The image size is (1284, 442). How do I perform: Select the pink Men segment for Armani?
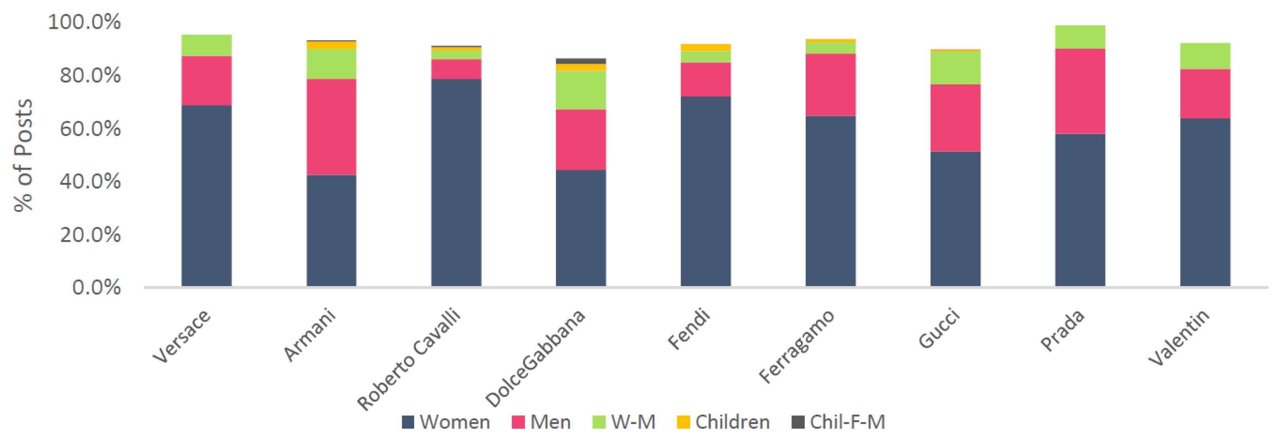click(x=331, y=127)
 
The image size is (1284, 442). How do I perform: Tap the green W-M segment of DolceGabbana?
click(x=581, y=90)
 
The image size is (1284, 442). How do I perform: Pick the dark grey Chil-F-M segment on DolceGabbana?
click(x=581, y=61)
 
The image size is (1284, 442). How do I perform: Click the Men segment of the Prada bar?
click(x=1080, y=91)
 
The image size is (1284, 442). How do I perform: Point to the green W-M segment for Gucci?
click(x=955, y=67)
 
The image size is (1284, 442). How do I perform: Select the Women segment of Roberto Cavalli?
click(x=456, y=182)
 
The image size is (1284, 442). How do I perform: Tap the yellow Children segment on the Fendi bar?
click(x=705, y=47)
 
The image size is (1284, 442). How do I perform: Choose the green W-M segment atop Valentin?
click(x=1205, y=56)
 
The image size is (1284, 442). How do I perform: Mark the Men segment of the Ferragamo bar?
click(x=830, y=84)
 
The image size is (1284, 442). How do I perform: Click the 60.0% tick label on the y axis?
click(x=90, y=129)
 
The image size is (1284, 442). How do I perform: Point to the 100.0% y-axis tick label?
click(x=84, y=22)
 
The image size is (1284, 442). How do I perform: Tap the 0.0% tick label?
click(x=96, y=287)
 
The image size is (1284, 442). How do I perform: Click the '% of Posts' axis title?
click(x=23, y=156)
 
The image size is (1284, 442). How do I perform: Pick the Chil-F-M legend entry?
click(x=839, y=422)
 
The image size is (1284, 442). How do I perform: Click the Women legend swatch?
click(x=408, y=422)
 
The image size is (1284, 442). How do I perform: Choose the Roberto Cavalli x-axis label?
click(x=409, y=359)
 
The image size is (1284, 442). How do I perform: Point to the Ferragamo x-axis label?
click(x=797, y=346)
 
